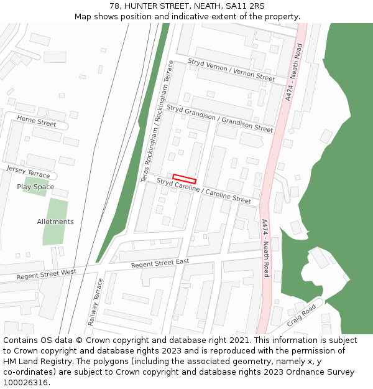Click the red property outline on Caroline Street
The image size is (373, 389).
[x=184, y=179]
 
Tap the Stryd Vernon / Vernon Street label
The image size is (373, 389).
[x=231, y=70]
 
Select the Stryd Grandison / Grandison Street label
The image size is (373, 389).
[x=219, y=118]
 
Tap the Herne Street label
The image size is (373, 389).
[x=37, y=121]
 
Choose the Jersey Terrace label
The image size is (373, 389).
[x=28, y=172]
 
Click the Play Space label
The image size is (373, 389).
[x=35, y=187]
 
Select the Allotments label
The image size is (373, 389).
[x=55, y=222]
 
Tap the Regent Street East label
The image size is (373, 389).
[x=160, y=263]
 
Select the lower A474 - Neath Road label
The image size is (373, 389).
[x=265, y=248]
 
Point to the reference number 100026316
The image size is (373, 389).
[x=24, y=383]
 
